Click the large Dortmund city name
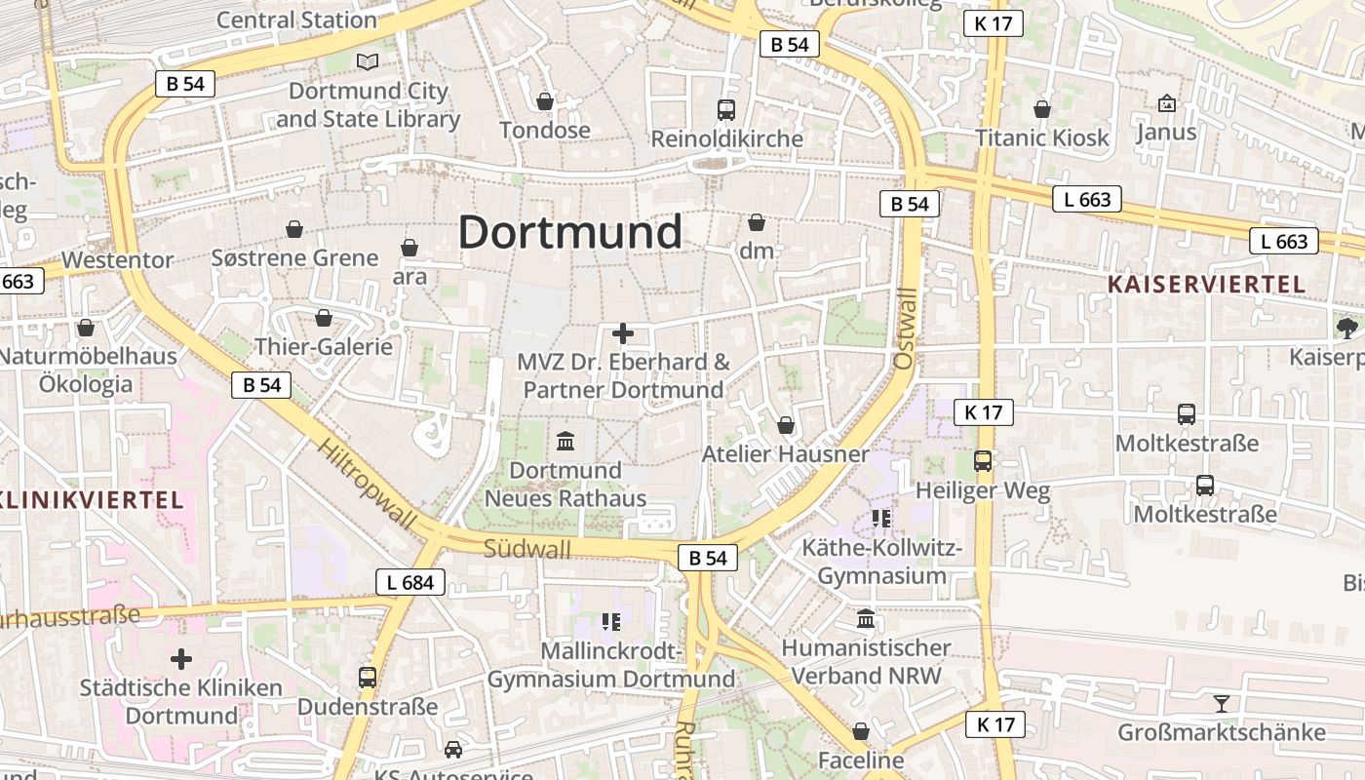[x=570, y=233]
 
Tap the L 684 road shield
[x=410, y=583]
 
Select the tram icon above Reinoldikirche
[x=725, y=109]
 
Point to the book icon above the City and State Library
[x=368, y=62]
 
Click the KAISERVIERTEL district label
[x=1206, y=284]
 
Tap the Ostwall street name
[x=905, y=329]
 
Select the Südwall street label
[x=527, y=549]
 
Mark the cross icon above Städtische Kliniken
[x=181, y=659]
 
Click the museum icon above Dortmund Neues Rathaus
[x=565, y=442]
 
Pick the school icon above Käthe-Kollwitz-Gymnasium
[x=882, y=519]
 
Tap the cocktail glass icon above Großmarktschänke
[x=1221, y=703]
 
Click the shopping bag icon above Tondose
[x=545, y=101]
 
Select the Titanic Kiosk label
[x=1042, y=137]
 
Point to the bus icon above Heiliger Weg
[x=983, y=461]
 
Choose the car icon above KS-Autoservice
[x=453, y=749]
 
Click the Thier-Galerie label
[x=324, y=346]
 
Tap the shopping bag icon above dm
[x=757, y=222]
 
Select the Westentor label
[x=117, y=260]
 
